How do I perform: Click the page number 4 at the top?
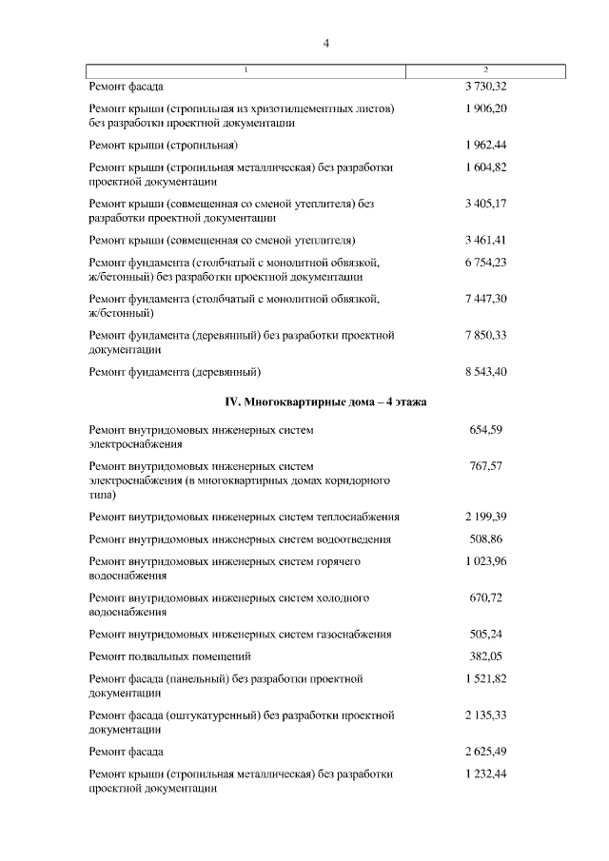(326, 43)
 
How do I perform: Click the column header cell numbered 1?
(246, 70)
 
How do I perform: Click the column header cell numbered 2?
(486, 70)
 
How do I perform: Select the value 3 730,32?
(485, 87)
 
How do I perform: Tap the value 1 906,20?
(485, 109)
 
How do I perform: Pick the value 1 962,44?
(485, 145)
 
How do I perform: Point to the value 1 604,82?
(485, 167)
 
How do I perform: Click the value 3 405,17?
(485, 204)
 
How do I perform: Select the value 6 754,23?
(485, 263)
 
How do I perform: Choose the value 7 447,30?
(485, 299)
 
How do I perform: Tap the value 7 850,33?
(485, 335)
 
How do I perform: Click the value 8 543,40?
(485, 370)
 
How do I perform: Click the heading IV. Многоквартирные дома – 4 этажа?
(325, 402)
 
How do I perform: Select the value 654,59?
(485, 430)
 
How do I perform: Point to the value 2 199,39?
(485, 517)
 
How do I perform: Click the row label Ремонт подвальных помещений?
(169, 656)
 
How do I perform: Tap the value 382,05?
(485, 656)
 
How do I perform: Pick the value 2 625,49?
(485, 752)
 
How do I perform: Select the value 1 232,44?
(485, 774)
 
